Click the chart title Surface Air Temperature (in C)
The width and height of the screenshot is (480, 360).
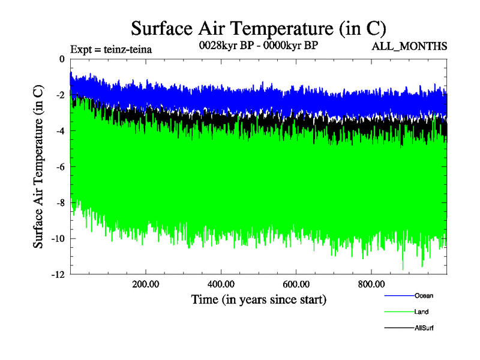[x=258, y=28]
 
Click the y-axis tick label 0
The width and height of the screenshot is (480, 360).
[x=61, y=59]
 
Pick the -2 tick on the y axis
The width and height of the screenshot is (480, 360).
[x=59, y=95]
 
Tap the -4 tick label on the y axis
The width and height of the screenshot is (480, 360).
[x=59, y=131]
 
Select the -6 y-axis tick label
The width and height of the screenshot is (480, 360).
[x=59, y=167]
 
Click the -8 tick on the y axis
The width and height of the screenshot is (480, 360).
[x=59, y=203]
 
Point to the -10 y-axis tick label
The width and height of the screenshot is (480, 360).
[x=57, y=239]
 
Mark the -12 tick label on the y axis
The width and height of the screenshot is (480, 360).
[x=57, y=275]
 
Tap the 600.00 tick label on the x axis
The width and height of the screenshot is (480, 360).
[x=296, y=284]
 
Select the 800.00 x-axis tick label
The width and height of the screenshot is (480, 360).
[x=371, y=284]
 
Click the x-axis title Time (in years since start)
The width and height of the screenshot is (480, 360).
[x=259, y=299]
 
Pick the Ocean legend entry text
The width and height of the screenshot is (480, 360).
[x=423, y=296]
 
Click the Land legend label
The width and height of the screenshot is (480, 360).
[x=421, y=312]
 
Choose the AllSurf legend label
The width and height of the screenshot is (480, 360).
[x=424, y=328]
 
